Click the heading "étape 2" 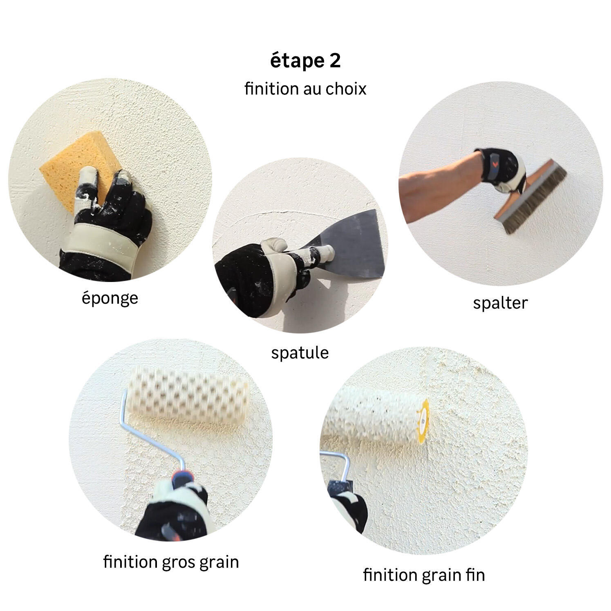click(305, 61)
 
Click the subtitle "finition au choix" click(305, 89)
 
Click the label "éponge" click(110, 298)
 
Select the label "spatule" click(300, 352)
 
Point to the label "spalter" click(500, 303)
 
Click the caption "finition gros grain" click(171, 562)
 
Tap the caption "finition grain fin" click(424, 575)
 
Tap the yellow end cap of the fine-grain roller click(422, 419)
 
